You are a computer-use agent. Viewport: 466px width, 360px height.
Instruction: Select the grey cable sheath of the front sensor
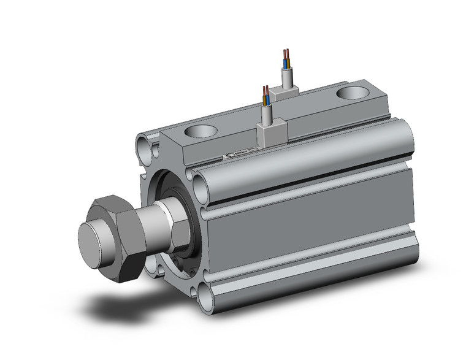pyautogui.click(x=267, y=113)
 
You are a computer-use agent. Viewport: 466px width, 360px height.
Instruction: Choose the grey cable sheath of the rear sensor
pyautogui.click(x=286, y=77)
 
